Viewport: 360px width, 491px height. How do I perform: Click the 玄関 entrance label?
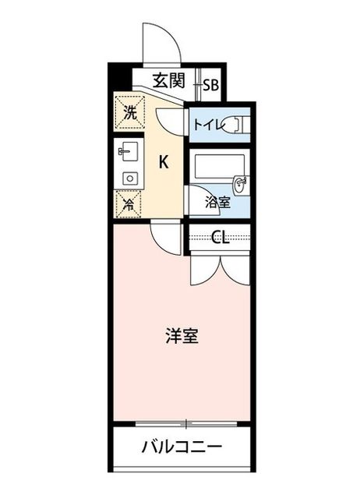coord(169,80)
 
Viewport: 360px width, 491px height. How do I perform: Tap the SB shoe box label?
coord(210,84)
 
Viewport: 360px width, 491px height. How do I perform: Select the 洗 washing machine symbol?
coord(130,113)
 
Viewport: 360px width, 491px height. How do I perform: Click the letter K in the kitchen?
coord(164,162)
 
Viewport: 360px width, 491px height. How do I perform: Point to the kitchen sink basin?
coord(129,151)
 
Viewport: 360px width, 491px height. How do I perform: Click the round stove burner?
coord(130,178)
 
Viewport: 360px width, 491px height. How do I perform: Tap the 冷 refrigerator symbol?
coord(129,204)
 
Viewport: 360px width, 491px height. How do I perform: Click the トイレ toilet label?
coord(210,125)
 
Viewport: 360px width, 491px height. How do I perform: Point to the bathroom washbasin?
coord(242,185)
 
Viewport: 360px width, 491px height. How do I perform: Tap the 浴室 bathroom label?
coord(218,203)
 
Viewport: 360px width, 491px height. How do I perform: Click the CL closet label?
coord(220,238)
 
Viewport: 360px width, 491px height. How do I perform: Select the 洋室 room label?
coord(182,336)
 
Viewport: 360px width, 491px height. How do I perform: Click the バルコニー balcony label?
coord(182,446)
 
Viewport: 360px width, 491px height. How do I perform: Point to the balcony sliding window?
coord(186,424)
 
